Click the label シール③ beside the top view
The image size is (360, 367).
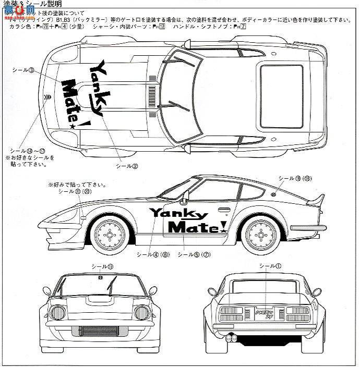(23, 69)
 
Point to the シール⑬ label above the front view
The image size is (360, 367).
(102, 266)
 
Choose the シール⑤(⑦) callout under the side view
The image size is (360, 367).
(194, 254)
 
